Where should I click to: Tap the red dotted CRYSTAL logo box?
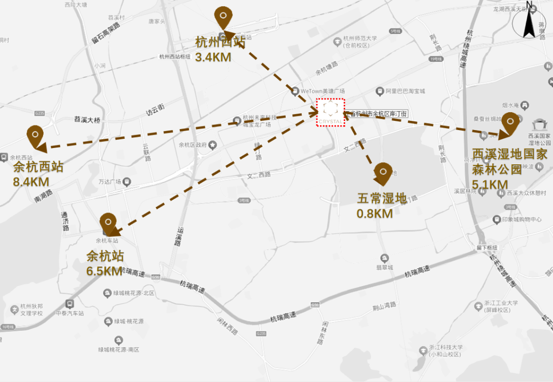pyautogui.click(x=331, y=112)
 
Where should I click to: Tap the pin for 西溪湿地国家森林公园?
pyautogui.click(x=511, y=123)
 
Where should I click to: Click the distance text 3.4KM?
pyautogui.click(x=213, y=57)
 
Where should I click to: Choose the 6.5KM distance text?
pyautogui.click(x=105, y=270)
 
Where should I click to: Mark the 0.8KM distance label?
pyautogui.click(x=374, y=213)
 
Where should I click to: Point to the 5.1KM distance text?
pyautogui.click(x=490, y=184)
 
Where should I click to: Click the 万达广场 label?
pyautogui.click(x=110, y=182)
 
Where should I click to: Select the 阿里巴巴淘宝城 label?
pyautogui.click(x=405, y=91)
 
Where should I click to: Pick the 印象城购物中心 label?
pyautogui.click(x=522, y=219)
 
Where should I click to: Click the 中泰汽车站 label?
pyautogui.click(x=70, y=313)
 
